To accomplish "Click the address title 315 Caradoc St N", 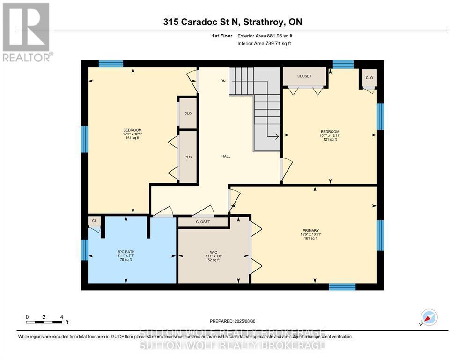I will coord(232,22).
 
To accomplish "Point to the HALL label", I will coord(226,156).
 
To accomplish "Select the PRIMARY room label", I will coord(310,230).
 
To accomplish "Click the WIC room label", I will coord(214,252).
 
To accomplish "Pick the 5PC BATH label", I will coord(125,252).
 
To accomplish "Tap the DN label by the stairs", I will coord(223,81).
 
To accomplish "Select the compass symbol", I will coord(428,318).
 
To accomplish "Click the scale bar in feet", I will coord(44,322).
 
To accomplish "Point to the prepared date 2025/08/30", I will coord(232,321).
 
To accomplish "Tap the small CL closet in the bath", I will coord(94,221).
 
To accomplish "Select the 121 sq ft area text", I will coord(330,139).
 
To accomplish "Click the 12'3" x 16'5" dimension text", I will coord(132,134).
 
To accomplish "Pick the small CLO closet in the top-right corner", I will coord(369,78).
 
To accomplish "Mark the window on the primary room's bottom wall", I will coord(342,286).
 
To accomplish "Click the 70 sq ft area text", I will coord(125,259).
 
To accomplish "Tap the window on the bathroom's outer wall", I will coord(85,249).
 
